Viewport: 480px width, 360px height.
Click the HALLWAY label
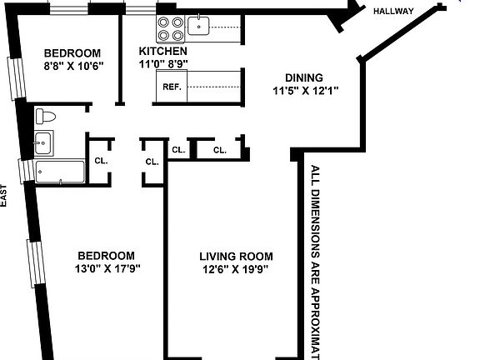[x=394, y=11]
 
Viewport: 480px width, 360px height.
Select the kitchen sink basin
[x=199, y=27]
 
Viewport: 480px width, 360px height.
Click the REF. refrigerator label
[x=172, y=87]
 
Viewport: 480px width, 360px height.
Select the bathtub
[x=60, y=172]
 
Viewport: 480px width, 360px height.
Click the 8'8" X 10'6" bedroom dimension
[x=72, y=68]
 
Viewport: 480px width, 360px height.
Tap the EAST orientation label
[x=4, y=197]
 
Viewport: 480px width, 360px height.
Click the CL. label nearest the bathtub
[x=100, y=160]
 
